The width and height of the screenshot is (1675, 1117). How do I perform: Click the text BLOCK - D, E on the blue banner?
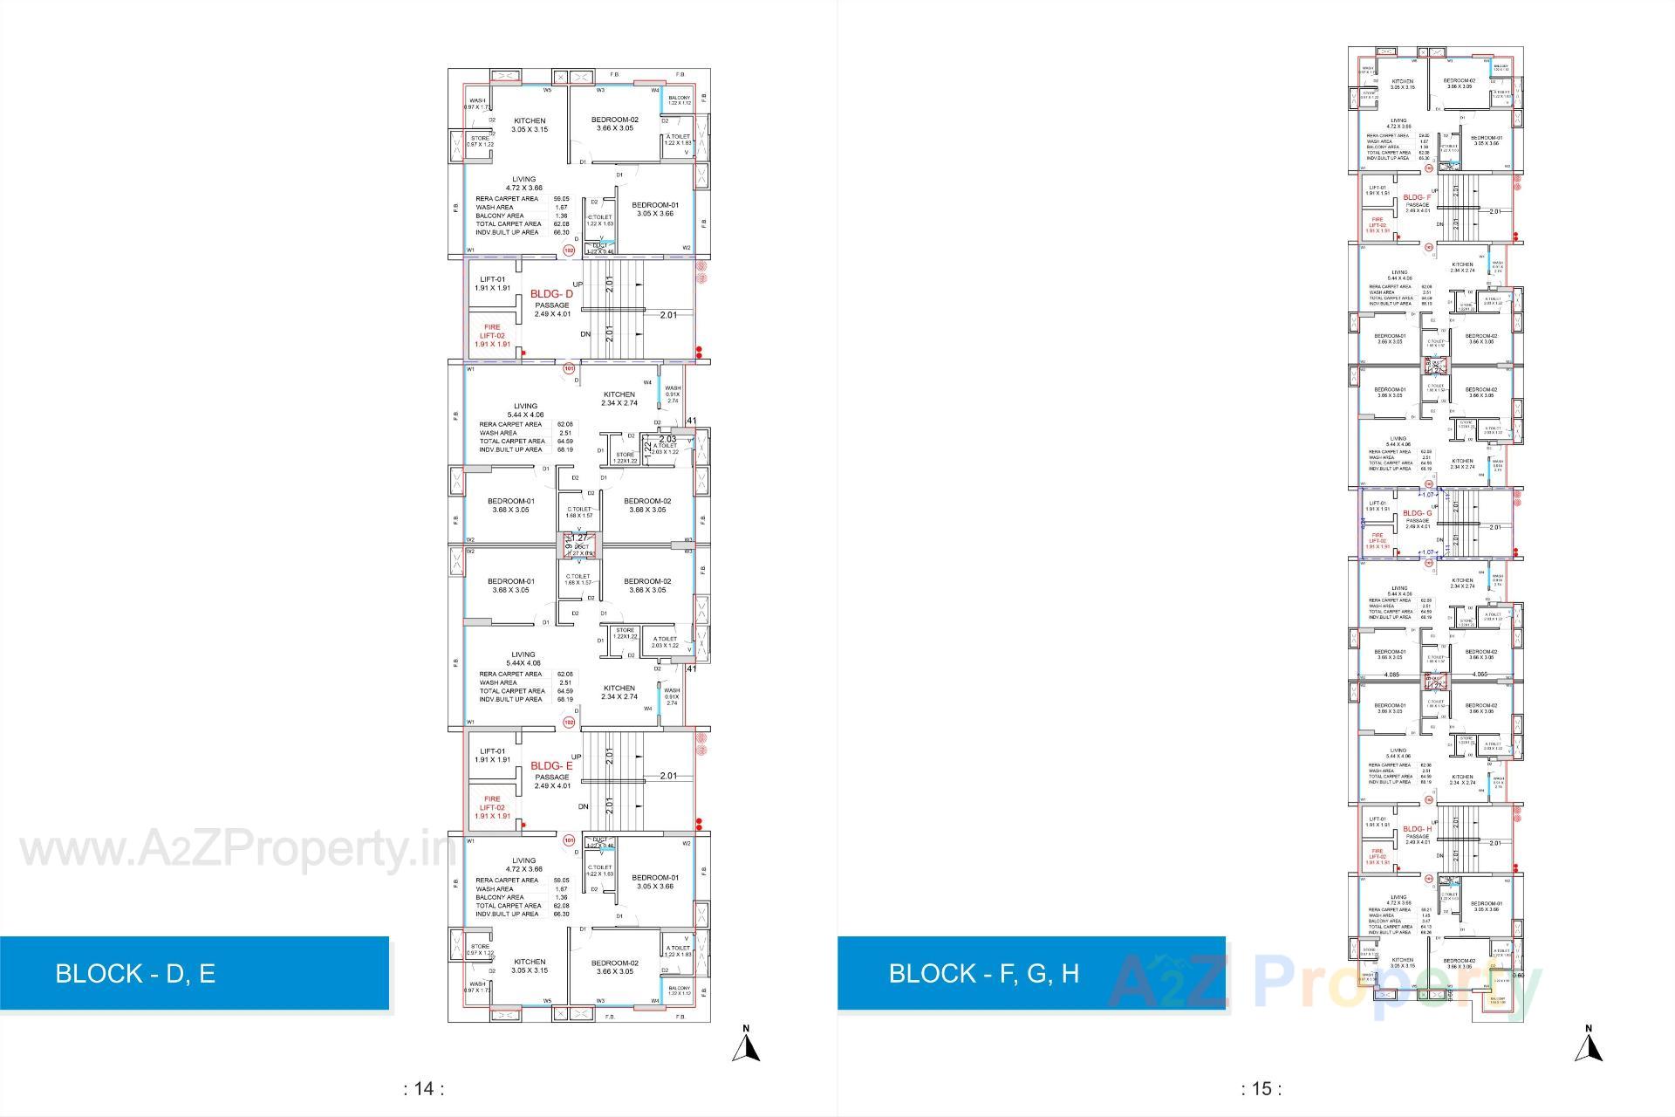(x=135, y=973)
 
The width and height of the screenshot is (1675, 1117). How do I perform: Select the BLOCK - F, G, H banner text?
(x=983, y=973)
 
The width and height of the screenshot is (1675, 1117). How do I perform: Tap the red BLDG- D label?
(x=551, y=295)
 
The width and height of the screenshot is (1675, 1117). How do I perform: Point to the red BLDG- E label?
(x=551, y=766)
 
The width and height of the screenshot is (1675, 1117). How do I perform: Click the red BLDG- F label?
(x=1418, y=198)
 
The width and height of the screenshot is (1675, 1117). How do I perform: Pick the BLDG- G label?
(x=1418, y=513)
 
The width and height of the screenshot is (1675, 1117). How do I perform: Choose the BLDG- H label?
(x=1418, y=829)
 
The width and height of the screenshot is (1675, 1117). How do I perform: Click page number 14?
(x=424, y=1088)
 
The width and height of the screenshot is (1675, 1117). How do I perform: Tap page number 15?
(x=1261, y=1088)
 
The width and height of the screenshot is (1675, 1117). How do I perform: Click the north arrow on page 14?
(x=745, y=1045)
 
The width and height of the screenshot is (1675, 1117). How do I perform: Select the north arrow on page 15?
(x=1589, y=1045)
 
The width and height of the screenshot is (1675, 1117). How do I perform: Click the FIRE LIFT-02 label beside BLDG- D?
(x=492, y=335)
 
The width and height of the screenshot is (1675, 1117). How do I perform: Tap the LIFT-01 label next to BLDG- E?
(x=492, y=755)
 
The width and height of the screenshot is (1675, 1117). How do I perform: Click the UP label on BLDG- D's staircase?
(x=578, y=284)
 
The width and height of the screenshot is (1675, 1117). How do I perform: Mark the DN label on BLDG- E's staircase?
(x=584, y=806)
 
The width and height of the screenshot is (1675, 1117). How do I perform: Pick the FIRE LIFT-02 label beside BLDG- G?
(x=1378, y=541)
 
